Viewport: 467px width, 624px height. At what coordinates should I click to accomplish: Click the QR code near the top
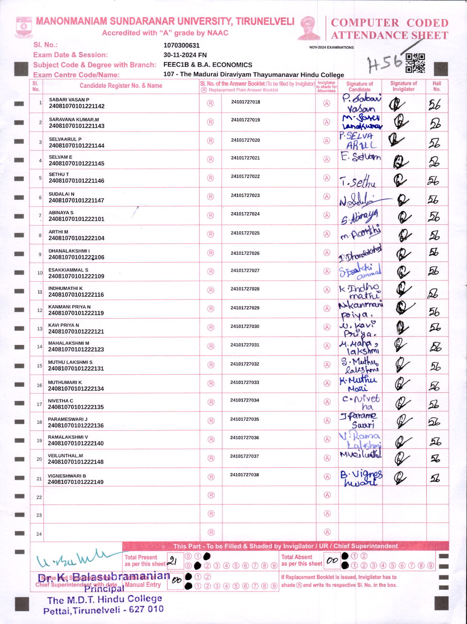(415, 63)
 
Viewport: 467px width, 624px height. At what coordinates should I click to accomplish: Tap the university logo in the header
(24, 27)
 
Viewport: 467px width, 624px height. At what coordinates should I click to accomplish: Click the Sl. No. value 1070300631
(182, 45)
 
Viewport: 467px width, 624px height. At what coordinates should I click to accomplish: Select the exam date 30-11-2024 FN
(185, 55)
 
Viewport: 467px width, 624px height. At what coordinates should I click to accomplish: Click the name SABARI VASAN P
(69, 100)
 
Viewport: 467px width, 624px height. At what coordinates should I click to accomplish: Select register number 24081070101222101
(76, 219)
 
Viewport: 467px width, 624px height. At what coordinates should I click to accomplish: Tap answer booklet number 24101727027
(245, 271)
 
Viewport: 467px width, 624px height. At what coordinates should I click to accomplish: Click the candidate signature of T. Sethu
(358, 182)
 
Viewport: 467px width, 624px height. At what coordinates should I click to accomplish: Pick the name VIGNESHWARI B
(67, 476)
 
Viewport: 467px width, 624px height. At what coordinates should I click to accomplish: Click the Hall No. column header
(437, 86)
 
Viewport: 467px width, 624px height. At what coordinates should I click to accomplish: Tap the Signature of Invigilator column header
(403, 86)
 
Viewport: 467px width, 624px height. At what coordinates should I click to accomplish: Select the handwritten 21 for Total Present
(172, 561)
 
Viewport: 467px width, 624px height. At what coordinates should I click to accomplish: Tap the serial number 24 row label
(39, 534)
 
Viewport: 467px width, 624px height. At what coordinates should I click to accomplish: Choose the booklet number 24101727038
(244, 475)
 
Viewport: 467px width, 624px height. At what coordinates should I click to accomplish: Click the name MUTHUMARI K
(65, 383)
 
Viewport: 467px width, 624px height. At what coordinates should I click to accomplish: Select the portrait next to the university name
(309, 28)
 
